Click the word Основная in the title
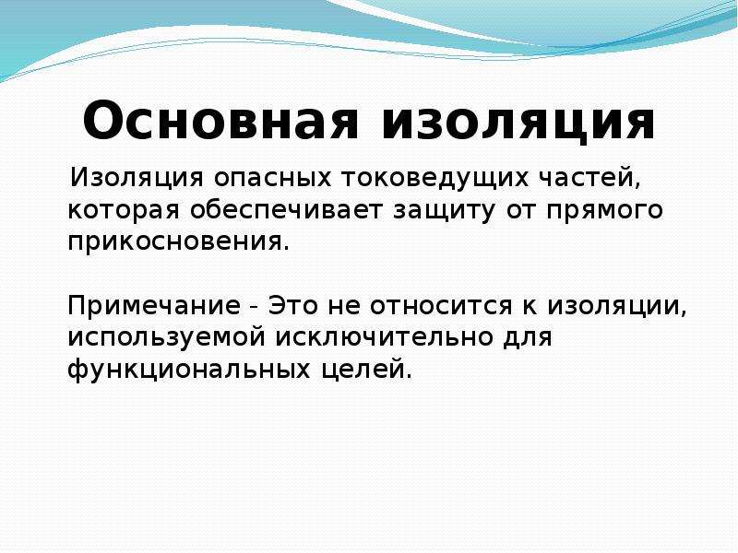pos(220,120)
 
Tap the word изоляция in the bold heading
pos(518,122)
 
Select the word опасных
pos(273,178)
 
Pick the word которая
pos(124,210)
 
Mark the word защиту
pos(444,210)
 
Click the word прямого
pos(605,210)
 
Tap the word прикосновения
pos(178,241)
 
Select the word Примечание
pos(154,305)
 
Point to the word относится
pos(441,305)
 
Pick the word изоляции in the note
pos(616,307)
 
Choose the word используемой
pos(167,337)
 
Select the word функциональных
pos(189,369)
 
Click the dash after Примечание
pos(255,308)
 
